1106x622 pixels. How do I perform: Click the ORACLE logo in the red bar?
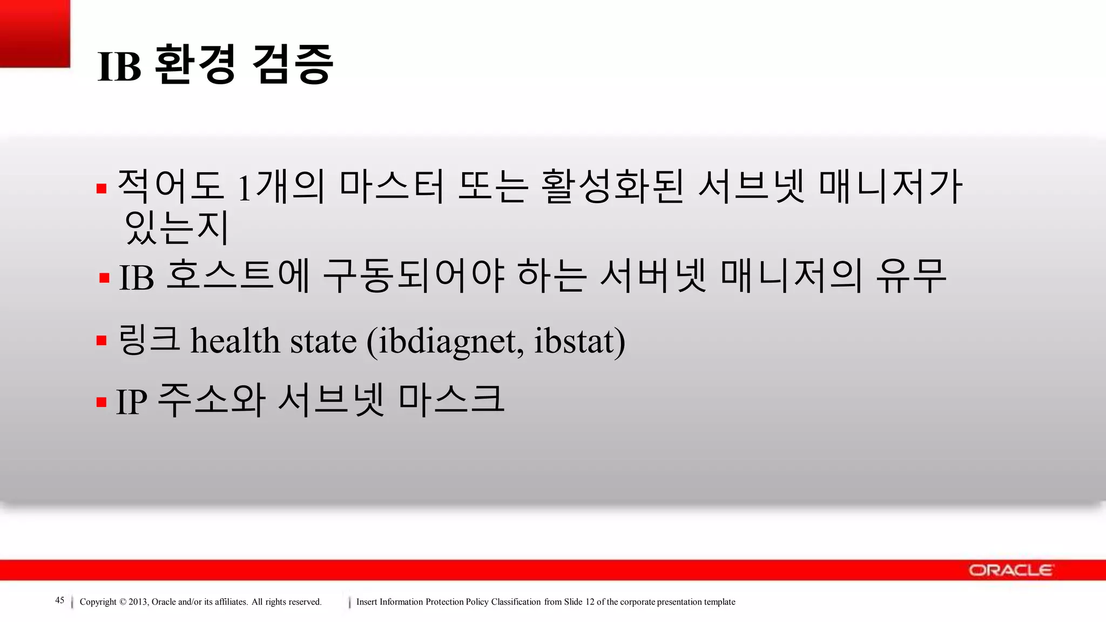(x=1010, y=570)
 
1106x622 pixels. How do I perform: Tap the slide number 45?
(x=60, y=600)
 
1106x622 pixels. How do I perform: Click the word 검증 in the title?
(x=293, y=65)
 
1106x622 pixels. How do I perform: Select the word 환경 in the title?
(x=195, y=65)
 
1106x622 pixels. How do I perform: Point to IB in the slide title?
(x=119, y=67)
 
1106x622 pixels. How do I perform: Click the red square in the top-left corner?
(x=35, y=33)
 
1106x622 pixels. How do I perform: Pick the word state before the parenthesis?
(x=323, y=342)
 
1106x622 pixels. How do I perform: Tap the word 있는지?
(x=177, y=227)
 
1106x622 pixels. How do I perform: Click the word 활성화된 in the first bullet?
(x=612, y=186)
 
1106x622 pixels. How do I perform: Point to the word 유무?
(x=911, y=276)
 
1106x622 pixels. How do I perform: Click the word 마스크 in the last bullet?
(x=451, y=400)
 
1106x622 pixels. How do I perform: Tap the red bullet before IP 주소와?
(x=102, y=402)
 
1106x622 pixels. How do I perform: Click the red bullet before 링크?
(x=102, y=341)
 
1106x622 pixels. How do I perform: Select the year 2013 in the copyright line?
(x=138, y=602)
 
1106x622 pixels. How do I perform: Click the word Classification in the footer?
(x=516, y=602)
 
